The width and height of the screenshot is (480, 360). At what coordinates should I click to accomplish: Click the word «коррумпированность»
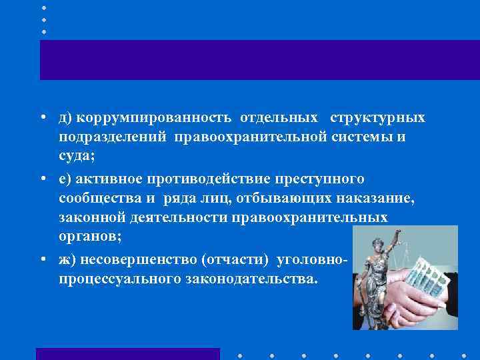[154, 118]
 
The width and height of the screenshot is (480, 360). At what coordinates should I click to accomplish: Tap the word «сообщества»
[99, 198]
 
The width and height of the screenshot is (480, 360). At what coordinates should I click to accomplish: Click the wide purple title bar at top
[260, 60]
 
